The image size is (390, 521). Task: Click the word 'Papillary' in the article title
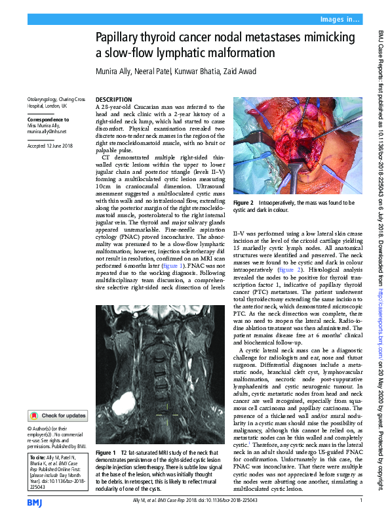(120, 39)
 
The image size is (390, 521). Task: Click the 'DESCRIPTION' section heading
(113, 99)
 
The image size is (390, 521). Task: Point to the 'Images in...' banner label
(338, 20)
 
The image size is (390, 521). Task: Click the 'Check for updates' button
(58, 415)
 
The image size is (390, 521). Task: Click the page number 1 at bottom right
(361, 502)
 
